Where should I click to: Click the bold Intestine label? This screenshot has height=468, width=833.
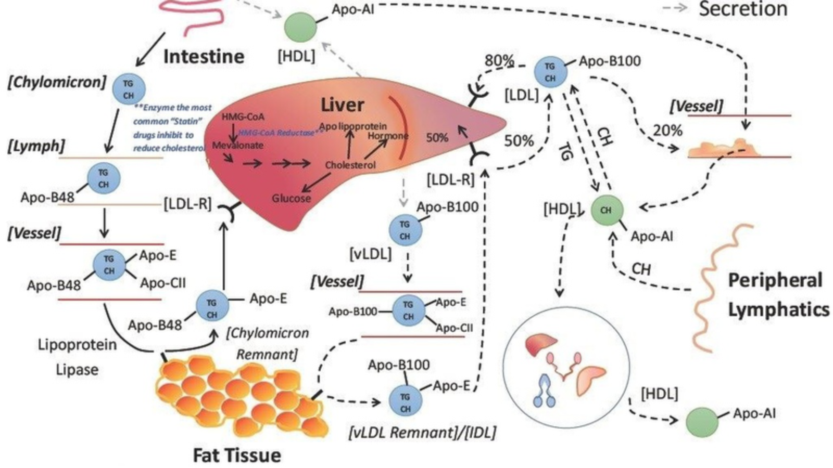(x=204, y=56)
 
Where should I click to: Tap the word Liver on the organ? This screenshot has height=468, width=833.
(x=342, y=105)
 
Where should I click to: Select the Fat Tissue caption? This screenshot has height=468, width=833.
(x=237, y=455)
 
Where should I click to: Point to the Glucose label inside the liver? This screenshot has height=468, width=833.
(x=291, y=198)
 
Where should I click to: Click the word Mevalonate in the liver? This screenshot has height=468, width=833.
(x=237, y=145)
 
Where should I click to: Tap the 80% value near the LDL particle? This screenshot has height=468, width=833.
(x=499, y=60)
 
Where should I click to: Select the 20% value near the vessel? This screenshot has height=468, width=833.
(x=667, y=130)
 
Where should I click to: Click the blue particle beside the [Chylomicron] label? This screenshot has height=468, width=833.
(x=128, y=89)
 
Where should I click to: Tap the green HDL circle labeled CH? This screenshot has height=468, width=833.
(x=607, y=210)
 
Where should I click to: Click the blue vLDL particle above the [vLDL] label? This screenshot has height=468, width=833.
(x=405, y=230)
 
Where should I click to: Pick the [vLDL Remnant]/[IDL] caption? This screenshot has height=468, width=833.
(x=422, y=432)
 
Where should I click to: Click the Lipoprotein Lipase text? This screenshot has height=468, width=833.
(x=77, y=357)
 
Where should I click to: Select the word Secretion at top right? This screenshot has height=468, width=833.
(x=742, y=9)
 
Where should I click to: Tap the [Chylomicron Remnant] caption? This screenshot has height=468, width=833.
(x=267, y=343)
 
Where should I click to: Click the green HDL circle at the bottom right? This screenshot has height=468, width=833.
(x=702, y=422)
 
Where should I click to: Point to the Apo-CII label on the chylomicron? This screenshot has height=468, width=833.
(x=163, y=283)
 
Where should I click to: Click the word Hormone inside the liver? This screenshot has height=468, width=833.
(x=388, y=136)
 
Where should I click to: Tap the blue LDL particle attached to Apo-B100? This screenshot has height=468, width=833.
(x=550, y=72)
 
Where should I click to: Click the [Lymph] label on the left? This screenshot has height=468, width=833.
(x=36, y=146)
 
